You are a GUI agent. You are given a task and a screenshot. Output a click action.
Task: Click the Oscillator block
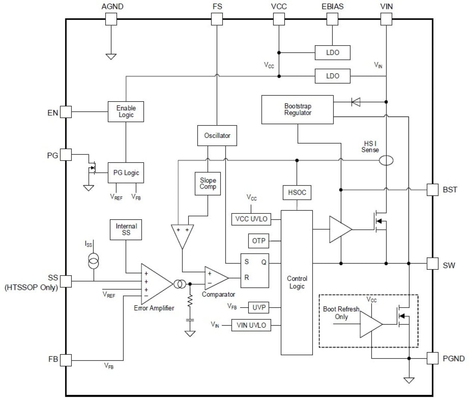click(217, 135)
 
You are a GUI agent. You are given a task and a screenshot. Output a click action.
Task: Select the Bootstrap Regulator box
click(297, 109)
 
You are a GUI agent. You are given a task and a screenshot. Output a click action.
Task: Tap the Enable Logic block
click(126, 111)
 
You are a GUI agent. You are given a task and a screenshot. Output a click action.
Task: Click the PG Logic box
click(126, 173)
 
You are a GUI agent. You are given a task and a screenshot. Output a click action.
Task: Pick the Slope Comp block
click(208, 183)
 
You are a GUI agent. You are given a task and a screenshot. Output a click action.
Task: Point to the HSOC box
click(297, 192)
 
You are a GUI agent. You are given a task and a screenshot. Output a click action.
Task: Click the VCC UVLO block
click(251, 219)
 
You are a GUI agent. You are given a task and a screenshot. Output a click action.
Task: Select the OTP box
click(258, 241)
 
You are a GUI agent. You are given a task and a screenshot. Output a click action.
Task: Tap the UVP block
click(258, 307)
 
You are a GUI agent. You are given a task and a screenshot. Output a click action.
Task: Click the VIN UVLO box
click(251, 325)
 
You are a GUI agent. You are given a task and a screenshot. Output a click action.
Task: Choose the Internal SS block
click(126, 229)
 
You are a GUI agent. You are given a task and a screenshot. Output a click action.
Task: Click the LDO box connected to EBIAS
click(332, 53)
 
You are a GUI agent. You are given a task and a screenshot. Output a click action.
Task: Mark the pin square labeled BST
click(432, 189)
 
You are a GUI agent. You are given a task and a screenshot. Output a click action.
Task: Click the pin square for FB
click(66, 360)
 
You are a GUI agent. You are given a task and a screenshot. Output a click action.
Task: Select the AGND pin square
click(111, 19)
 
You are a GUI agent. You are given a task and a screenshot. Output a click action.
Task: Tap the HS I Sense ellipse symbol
click(386, 161)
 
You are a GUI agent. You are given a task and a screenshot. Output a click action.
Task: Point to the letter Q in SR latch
click(264, 262)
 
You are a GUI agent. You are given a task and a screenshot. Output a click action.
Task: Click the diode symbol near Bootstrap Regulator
click(356, 102)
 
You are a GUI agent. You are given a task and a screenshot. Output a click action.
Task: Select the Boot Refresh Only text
click(341, 313)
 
